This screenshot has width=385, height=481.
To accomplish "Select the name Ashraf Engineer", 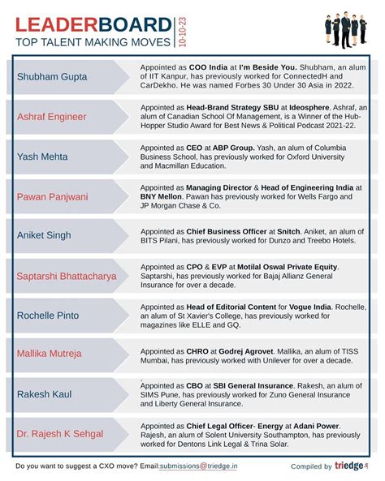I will [x=51, y=117].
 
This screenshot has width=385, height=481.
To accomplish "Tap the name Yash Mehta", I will [x=44, y=157].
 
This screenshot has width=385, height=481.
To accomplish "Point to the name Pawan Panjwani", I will [x=53, y=196].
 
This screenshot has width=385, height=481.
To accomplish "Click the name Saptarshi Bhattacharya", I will [x=67, y=276].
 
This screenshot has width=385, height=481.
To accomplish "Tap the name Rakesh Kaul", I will [x=45, y=394].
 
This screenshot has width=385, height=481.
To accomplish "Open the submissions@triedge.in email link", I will [x=199, y=466].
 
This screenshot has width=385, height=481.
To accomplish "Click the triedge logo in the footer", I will [x=350, y=466].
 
